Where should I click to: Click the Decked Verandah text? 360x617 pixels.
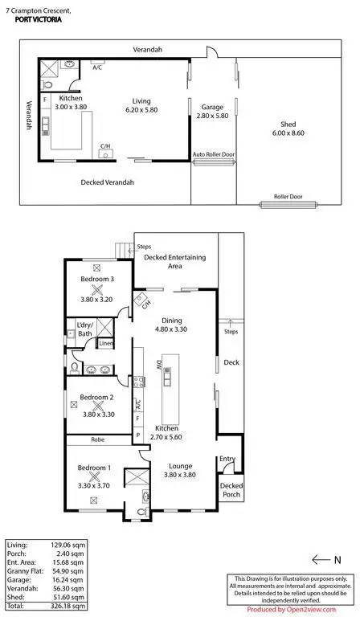tap(108, 182)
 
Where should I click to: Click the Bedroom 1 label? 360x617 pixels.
tap(95, 468)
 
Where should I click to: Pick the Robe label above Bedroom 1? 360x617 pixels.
tap(98, 440)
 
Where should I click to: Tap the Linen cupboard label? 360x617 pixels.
tap(106, 344)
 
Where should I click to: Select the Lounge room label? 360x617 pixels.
tap(180, 465)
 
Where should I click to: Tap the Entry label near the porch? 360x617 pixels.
tap(227, 460)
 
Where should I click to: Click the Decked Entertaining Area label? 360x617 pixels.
tap(174, 261)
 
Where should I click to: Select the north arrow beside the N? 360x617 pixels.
tap(321, 560)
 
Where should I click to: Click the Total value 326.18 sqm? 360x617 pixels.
tap(68, 607)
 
